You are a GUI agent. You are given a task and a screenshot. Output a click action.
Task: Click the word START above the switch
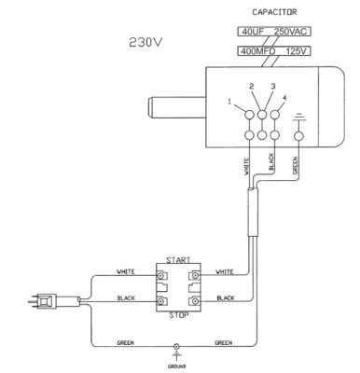(176, 258)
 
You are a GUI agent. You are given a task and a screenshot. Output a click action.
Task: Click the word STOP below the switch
(177, 316)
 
